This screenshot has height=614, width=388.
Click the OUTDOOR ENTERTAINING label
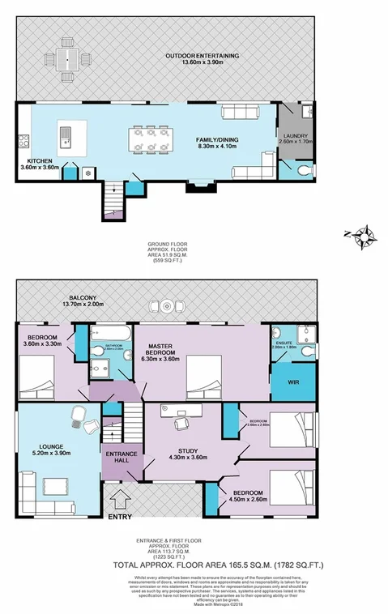202,55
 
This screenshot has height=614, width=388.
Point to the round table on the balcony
166,306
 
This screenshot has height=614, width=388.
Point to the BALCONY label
85,299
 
